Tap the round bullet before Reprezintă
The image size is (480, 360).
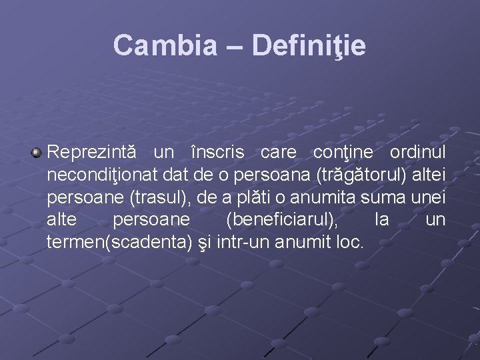tap(37, 153)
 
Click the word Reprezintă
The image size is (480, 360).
tap(92, 153)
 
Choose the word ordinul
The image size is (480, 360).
tap(417, 153)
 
